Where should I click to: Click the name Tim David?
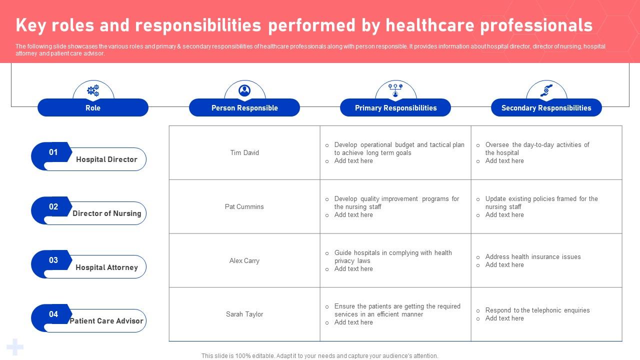click(x=244, y=153)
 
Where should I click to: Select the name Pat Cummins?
click(x=244, y=207)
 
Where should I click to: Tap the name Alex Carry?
click(x=244, y=261)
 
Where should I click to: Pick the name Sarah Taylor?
click(x=244, y=314)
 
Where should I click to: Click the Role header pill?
click(x=93, y=108)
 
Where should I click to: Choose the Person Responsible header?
click(x=244, y=108)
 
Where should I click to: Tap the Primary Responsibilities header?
click(x=395, y=108)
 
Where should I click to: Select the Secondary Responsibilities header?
click(x=546, y=108)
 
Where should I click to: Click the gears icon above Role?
click(x=93, y=90)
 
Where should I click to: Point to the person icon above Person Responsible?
click(x=244, y=90)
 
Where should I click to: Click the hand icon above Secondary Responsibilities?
click(x=546, y=90)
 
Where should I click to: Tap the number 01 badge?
click(x=53, y=152)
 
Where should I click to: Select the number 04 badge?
click(x=53, y=314)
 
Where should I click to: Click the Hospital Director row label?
click(x=106, y=159)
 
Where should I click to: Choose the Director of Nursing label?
click(x=107, y=213)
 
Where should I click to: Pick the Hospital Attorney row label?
click(x=106, y=267)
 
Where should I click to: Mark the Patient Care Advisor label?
click(x=106, y=321)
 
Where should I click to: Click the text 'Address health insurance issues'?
click(x=533, y=257)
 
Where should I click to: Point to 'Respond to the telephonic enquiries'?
click(x=537, y=310)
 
